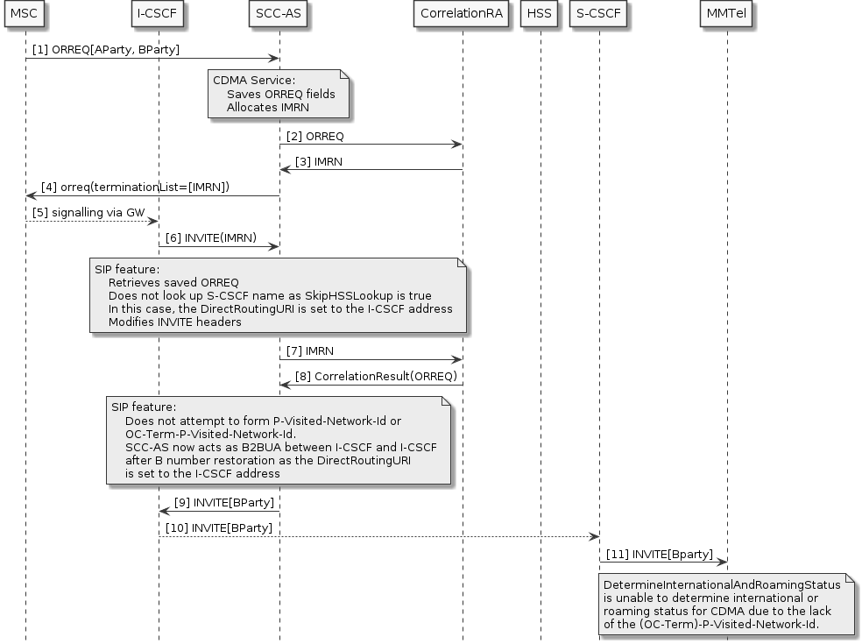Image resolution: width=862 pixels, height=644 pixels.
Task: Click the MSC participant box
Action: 25,14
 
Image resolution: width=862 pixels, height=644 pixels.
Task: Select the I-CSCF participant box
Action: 158,14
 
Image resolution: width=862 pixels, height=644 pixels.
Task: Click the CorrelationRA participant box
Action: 462,14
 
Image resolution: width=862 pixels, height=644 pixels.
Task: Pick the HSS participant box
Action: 540,14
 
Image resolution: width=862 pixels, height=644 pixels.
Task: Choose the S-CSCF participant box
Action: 598,14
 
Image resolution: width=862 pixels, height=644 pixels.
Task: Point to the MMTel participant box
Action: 726,14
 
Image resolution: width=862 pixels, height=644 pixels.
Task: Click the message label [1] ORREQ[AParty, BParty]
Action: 106,50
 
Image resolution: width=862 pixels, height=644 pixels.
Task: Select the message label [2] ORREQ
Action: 315,137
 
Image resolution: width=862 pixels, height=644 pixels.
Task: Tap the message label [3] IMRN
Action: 318,162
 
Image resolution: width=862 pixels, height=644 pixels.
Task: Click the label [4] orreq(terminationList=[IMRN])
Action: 136,188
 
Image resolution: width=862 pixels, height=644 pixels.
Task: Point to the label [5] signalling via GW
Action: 88,213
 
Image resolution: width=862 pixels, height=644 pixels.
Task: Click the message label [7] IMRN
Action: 310,351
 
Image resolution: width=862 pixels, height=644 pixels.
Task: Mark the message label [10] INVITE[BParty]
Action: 219,528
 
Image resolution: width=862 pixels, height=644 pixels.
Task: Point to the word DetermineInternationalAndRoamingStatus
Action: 721,585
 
